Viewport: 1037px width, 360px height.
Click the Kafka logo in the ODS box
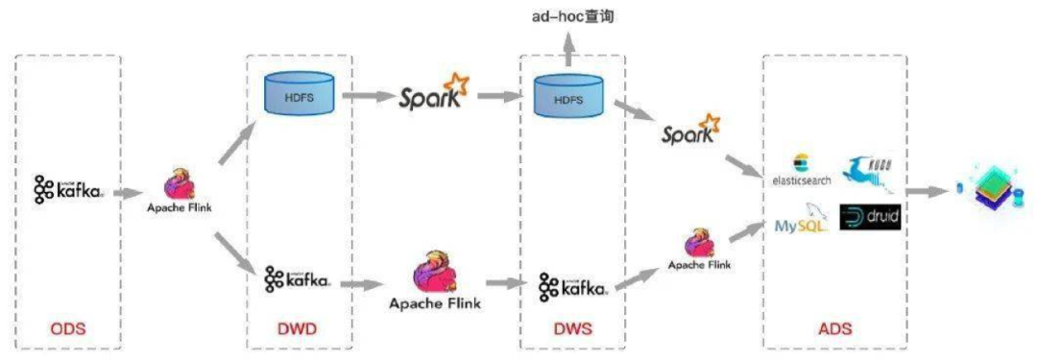(68, 190)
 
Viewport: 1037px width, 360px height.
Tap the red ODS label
(68, 329)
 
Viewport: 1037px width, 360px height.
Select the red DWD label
(296, 329)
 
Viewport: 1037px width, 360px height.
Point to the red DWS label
(571, 329)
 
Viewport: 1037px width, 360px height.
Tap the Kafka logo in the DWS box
(572, 285)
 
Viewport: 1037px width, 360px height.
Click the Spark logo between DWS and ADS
(690, 132)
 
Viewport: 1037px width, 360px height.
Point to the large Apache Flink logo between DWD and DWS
(435, 278)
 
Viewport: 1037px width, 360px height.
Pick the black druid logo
(870, 217)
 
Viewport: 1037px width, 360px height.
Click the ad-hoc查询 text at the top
(572, 17)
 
